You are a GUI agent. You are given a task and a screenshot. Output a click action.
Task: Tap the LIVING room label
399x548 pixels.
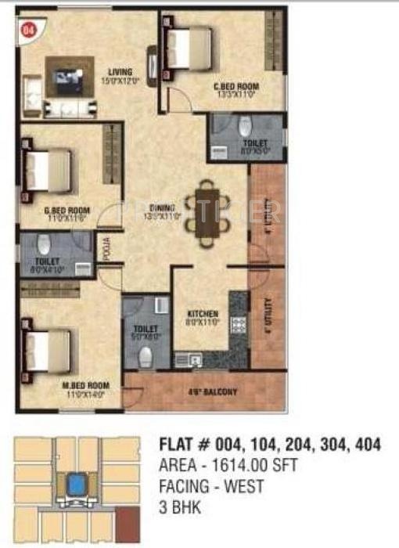pos(120,73)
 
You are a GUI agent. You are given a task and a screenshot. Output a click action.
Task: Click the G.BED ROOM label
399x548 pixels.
pos(66,211)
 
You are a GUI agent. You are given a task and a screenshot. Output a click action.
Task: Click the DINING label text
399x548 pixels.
pos(163,208)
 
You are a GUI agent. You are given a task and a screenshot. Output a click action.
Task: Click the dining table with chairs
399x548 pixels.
pos(208,210)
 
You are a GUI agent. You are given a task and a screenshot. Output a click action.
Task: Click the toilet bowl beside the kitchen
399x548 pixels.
pos(145,356)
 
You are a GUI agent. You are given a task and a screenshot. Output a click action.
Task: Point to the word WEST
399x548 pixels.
pos(244,487)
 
